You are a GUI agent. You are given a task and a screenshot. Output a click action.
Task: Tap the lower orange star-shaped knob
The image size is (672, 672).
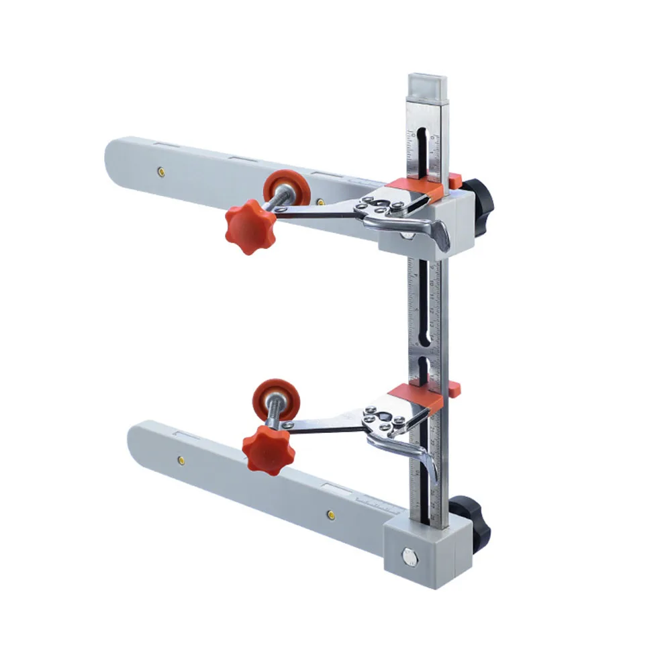click(268, 449)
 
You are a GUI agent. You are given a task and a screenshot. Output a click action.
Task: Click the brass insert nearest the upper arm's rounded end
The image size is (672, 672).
click(161, 171)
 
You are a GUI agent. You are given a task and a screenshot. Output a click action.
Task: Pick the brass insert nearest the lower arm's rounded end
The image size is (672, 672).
click(181, 460)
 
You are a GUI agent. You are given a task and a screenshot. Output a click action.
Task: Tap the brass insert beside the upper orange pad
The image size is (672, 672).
click(321, 201)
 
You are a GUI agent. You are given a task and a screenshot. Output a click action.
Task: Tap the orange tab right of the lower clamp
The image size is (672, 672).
click(454, 387)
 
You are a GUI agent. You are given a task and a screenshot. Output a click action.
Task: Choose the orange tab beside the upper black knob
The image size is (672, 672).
click(455, 180)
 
